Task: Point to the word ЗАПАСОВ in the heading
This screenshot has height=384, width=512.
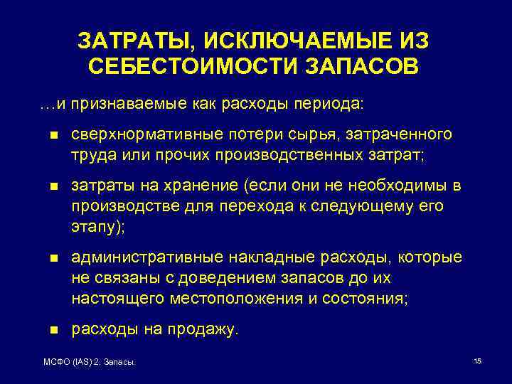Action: pyautogui.click(x=363, y=68)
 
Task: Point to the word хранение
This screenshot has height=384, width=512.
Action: pyautogui.click(x=202, y=186)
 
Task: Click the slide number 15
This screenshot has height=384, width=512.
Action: pyautogui.click(x=477, y=362)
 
